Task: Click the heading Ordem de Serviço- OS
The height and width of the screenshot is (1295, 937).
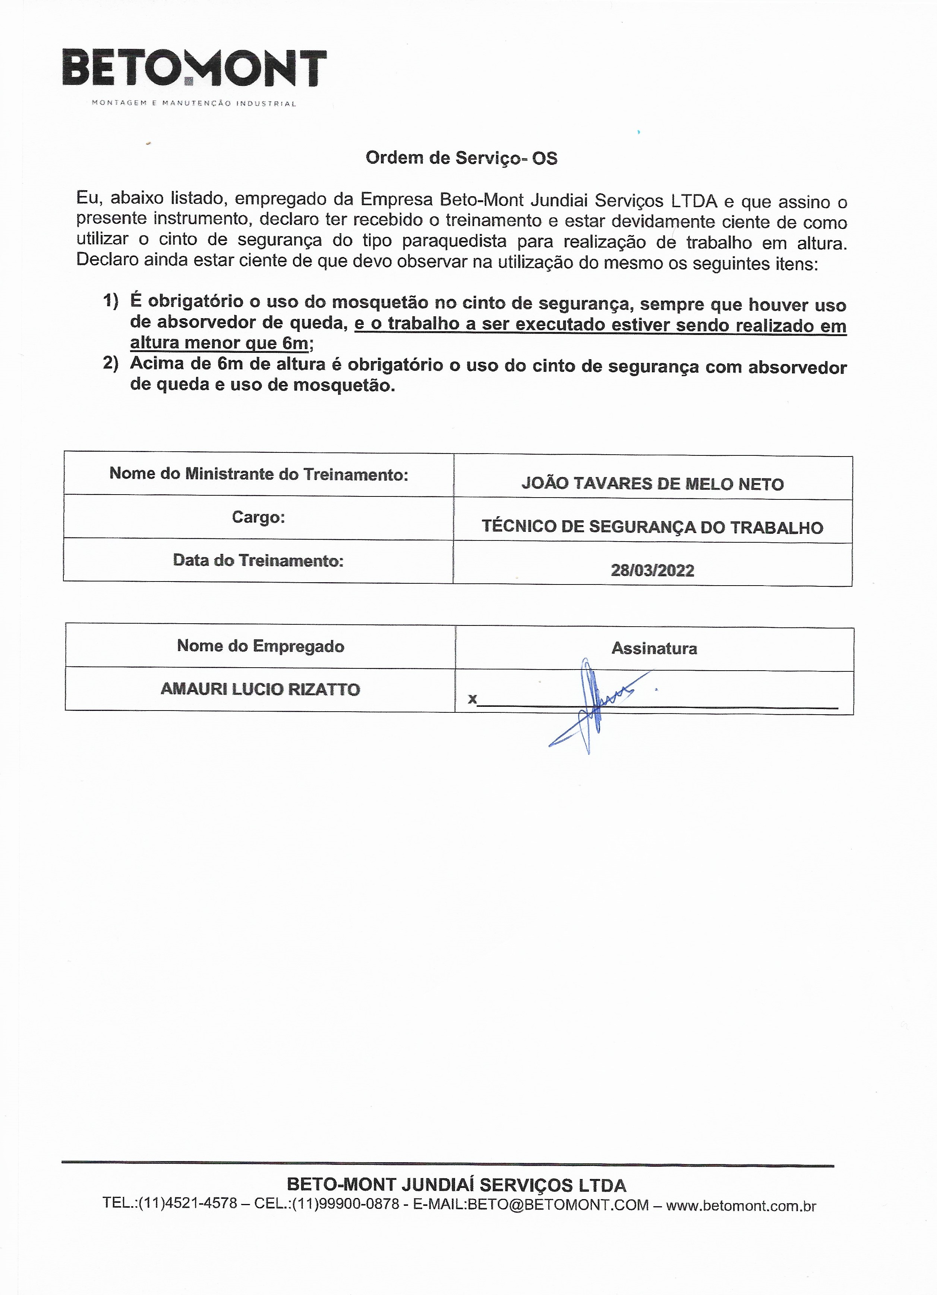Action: [461, 158]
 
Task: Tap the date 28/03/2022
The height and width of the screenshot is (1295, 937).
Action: [652, 570]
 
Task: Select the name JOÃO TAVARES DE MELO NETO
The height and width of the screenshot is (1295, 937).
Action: [652, 484]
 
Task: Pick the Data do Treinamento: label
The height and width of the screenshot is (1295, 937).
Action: [258, 560]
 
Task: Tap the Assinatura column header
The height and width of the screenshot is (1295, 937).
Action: [654, 648]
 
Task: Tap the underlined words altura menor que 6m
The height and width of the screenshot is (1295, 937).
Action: [219, 343]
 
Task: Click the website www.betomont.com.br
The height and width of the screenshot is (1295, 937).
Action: [741, 1205]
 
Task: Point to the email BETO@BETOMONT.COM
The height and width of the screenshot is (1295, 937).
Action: [558, 1205]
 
